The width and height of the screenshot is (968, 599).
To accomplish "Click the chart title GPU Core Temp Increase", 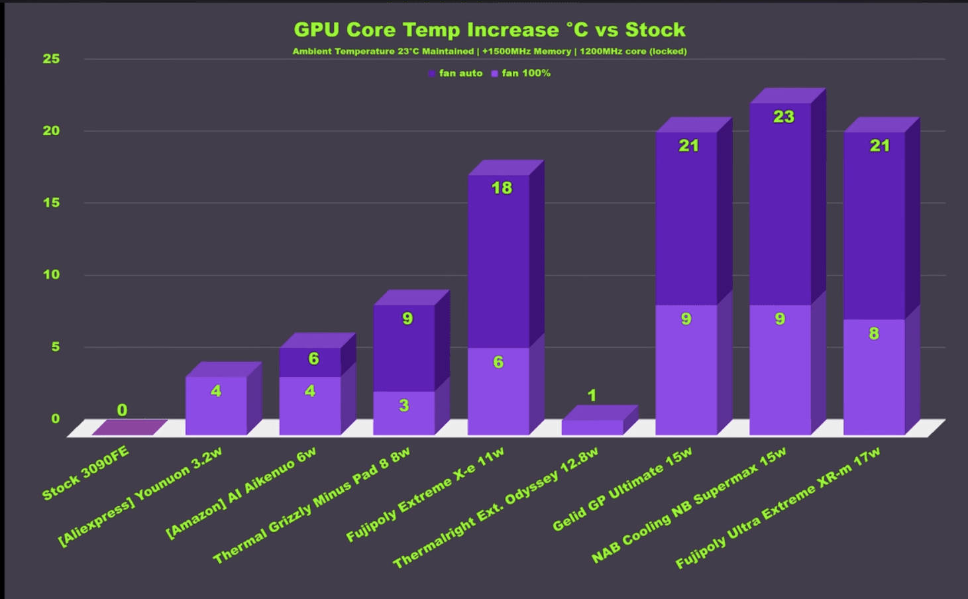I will coord(489,30).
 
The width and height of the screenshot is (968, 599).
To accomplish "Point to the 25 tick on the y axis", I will coord(51,59).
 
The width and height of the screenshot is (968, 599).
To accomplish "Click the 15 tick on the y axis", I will coord(51,203).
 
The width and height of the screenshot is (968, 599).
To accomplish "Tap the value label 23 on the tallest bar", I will coord(783,117).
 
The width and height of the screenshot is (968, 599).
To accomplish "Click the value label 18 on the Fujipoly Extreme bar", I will coord(502,188).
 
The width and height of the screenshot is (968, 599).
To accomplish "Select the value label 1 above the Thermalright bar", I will coord(592,396).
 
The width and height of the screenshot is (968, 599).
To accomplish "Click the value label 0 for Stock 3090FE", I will coord(122,410).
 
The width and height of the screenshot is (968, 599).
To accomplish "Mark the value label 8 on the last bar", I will coord(874,333).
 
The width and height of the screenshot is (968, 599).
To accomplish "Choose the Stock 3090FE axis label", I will coord(85,473).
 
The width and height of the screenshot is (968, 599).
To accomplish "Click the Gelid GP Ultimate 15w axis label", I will coord(622,490).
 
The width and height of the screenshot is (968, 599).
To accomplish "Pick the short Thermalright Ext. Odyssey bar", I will coord(592,427).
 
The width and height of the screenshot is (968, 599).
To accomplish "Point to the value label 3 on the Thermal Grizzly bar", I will coord(403,406).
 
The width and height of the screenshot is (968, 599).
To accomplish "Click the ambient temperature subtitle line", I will coord(489,52).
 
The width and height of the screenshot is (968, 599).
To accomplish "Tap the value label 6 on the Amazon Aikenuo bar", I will coord(313,359).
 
